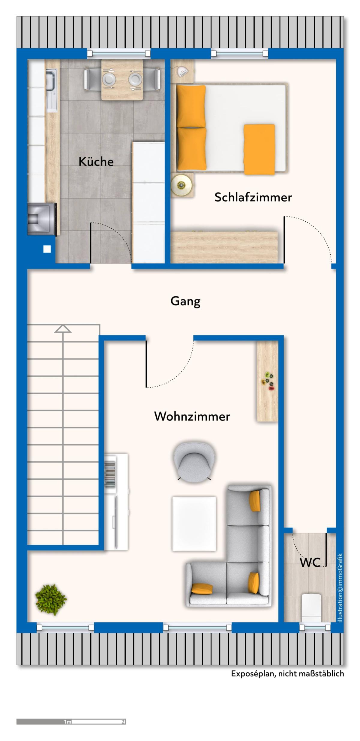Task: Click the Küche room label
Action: (96, 162)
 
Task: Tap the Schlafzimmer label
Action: (253, 197)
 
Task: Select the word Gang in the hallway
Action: (185, 301)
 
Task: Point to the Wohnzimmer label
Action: (192, 416)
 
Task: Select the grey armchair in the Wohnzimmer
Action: (195, 461)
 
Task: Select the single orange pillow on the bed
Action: (259, 149)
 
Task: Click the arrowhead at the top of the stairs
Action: (63, 329)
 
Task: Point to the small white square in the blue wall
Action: (47, 249)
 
